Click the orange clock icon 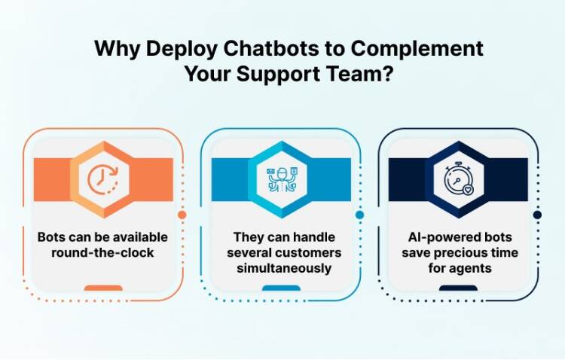click(x=103, y=179)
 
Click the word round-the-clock click(x=103, y=252)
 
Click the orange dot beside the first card click(x=182, y=215)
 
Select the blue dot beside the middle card click(x=360, y=215)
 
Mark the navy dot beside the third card click(x=537, y=215)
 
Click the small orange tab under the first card click(x=103, y=288)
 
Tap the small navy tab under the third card click(x=459, y=288)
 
